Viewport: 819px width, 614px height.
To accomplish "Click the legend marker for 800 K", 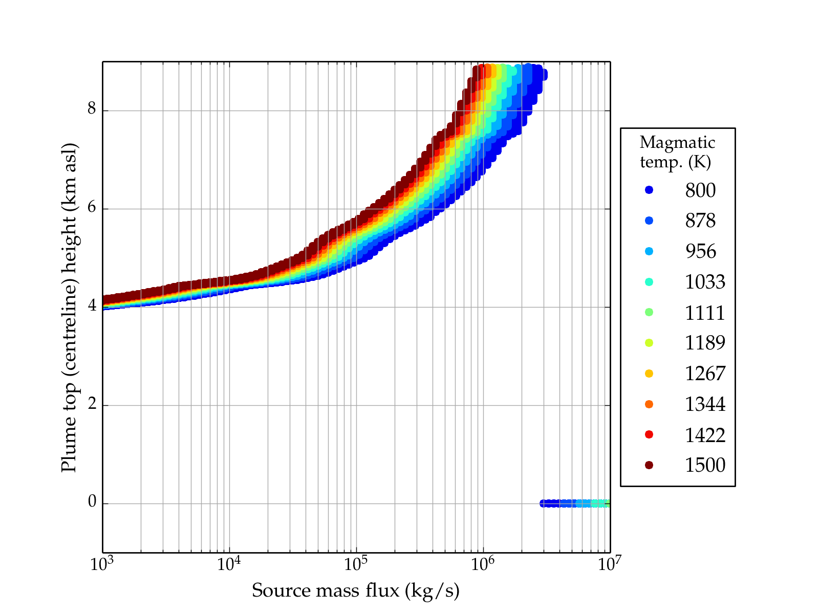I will (x=649, y=190).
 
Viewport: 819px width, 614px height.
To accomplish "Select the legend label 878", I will (x=700, y=221).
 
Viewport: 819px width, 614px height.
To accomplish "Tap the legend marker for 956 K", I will (x=649, y=251).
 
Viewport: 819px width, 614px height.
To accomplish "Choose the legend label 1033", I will (x=705, y=282).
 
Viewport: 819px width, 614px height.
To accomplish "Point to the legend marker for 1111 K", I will (x=649, y=312).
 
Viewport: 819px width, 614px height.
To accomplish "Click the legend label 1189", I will (x=705, y=343).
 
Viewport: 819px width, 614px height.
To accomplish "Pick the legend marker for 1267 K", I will (x=649, y=374).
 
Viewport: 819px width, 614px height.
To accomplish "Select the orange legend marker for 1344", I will (x=649, y=404).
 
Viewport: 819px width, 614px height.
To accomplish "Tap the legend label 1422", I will (x=705, y=435).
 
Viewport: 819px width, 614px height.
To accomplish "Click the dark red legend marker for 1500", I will (x=649, y=465).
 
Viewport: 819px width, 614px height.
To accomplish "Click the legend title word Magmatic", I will (x=677, y=143).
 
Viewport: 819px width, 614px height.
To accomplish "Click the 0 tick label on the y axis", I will (x=92, y=502).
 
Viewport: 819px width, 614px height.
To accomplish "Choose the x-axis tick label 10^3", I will (x=102, y=564).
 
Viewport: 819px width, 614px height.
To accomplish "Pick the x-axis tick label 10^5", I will (x=356, y=564).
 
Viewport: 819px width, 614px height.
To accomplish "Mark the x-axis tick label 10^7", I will (x=609, y=564).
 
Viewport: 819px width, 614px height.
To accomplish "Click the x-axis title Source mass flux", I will (x=355, y=591).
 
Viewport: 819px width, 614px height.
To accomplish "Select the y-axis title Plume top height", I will (x=69, y=307).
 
